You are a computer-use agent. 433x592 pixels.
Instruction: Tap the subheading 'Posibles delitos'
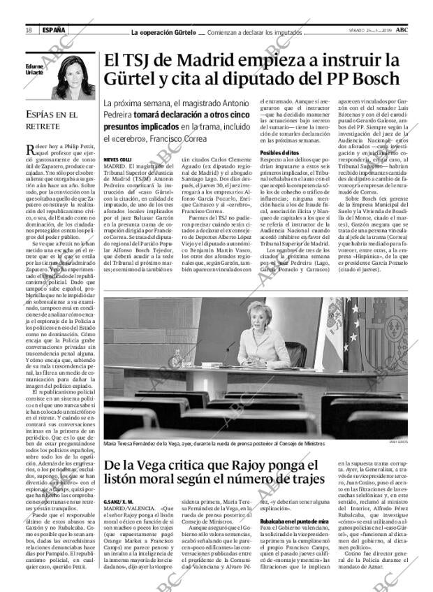(279, 152)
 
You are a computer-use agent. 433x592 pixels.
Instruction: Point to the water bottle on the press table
(177, 358)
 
